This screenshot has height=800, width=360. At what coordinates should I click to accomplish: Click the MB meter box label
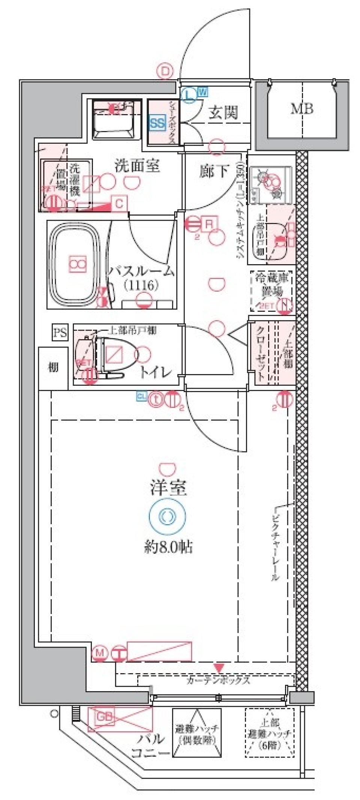[302, 109]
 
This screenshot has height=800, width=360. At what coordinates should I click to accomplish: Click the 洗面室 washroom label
[137, 165]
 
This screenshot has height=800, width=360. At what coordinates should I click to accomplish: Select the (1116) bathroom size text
[141, 285]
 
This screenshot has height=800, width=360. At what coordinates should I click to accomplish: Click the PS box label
[60, 332]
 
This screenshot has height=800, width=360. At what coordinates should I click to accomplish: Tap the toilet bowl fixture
[114, 355]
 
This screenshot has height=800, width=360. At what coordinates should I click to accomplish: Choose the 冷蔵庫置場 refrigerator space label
[271, 285]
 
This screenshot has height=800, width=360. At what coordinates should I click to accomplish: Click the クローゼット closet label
[261, 353]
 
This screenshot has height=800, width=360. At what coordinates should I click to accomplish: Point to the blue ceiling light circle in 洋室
[167, 517]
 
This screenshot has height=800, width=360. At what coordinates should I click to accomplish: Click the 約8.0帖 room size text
[168, 547]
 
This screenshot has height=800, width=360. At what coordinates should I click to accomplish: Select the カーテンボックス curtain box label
[218, 680]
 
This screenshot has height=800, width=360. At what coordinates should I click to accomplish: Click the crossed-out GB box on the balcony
[120, 719]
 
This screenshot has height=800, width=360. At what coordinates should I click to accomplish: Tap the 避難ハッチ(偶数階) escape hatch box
[196, 732]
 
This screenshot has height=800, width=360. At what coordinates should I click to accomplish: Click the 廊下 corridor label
[214, 171]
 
